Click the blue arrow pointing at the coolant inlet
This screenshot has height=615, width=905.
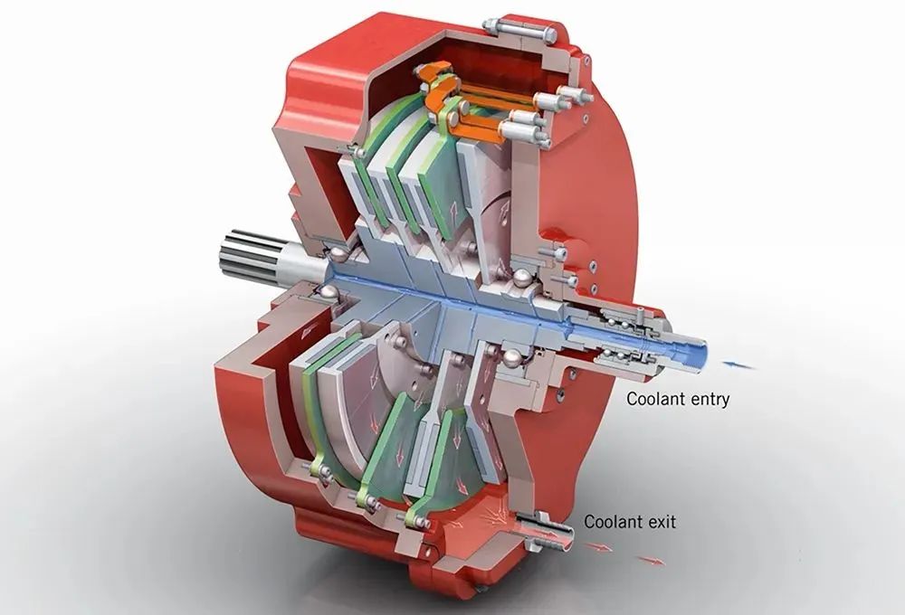point(739,364)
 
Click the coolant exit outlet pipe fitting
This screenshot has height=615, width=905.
point(546,530)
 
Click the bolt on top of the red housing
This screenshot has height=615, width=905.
point(519,29)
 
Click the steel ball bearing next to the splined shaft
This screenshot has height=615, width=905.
point(334,253)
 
